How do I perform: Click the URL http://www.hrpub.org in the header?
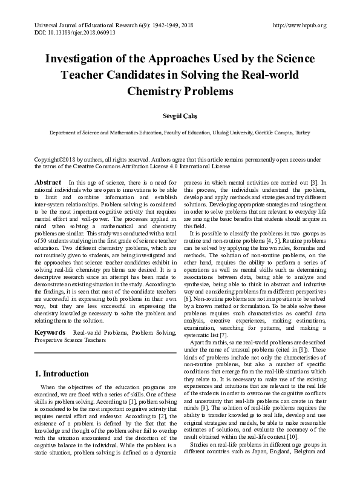point(299,25)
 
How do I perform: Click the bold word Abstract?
point(48,183)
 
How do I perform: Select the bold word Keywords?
point(50,333)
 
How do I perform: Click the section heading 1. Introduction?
point(62,374)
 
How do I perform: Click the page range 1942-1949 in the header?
point(158,25)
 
